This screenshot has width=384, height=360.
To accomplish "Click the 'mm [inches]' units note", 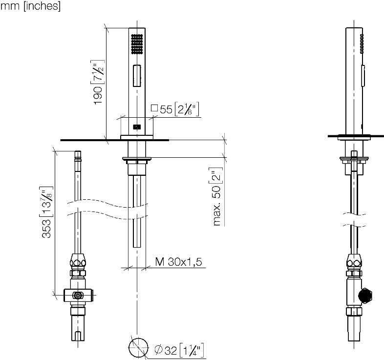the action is tap(30, 6).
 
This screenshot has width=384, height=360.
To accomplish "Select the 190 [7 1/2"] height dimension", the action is tap(99, 82).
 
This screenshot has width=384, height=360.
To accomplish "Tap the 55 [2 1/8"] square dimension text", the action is tap(179, 109).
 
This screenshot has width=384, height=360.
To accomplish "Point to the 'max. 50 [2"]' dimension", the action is tap(217, 196).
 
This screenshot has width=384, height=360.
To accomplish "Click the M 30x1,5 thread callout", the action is tap(178, 262).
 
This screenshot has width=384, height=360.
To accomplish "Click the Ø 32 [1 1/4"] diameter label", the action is tap(179, 350).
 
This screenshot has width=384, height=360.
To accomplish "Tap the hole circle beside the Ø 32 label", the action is tap(138, 347).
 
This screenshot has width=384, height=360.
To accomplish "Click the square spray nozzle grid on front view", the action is tap(137, 44).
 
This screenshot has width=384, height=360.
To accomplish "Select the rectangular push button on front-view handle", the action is tap(137, 75).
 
